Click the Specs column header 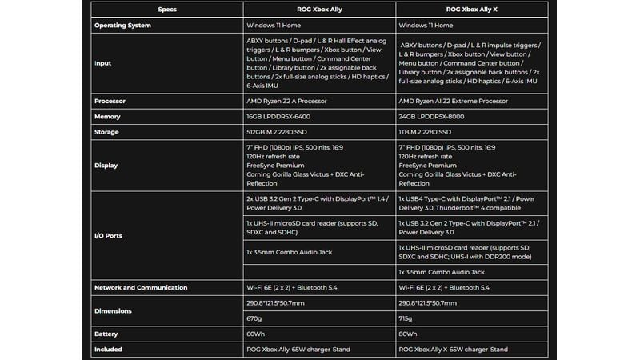coord(167,9)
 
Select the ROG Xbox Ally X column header coord(471,9)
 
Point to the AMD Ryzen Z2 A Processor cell coord(288,102)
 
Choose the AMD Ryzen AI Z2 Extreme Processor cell coord(453,102)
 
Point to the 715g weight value coord(406,318)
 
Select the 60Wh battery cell coord(256,334)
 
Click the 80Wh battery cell coord(407,334)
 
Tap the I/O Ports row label coord(109,236)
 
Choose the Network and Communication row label coord(141,287)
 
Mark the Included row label coord(108,349)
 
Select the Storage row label coord(107,132)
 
